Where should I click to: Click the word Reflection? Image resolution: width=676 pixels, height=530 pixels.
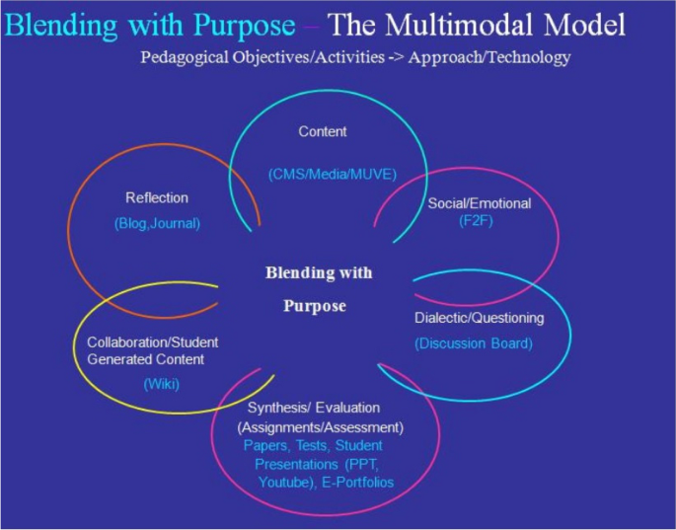click(156, 197)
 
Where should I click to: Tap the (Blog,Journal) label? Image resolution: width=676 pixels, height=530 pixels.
click(156, 223)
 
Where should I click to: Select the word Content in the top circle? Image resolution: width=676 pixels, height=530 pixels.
click(324, 130)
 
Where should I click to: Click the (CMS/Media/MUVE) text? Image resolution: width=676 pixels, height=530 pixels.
click(332, 175)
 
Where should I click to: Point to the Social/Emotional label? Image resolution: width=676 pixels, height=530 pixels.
click(480, 203)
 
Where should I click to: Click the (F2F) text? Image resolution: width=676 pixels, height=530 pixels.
click(479, 221)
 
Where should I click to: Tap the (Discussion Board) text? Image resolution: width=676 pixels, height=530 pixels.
click(474, 343)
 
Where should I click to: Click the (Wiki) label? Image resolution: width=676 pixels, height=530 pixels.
click(162, 383)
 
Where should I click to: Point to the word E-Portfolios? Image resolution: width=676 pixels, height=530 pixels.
click(356, 483)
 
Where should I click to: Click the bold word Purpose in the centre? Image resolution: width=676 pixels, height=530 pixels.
click(311, 306)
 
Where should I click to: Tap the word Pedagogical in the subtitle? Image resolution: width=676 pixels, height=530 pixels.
click(185, 58)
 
